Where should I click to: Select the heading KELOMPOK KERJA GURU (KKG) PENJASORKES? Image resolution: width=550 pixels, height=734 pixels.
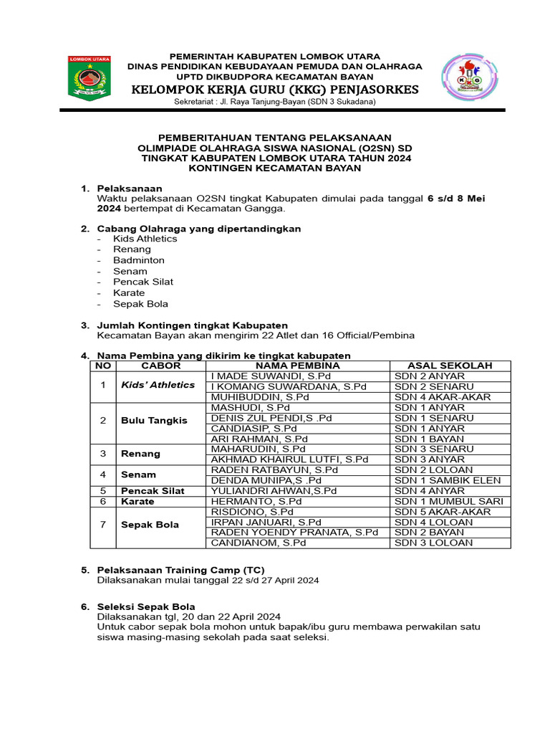tap(275, 90)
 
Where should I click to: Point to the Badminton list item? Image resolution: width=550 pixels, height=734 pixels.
tap(139, 260)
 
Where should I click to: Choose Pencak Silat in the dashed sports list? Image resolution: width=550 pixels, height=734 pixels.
tap(143, 282)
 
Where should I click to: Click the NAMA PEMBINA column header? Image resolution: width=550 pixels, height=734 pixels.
tap(297, 366)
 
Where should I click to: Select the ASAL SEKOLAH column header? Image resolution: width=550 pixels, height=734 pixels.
tap(450, 366)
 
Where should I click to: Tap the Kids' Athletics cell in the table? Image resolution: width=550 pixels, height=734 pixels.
tap(158, 385)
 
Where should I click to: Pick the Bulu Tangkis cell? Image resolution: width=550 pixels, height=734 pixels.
tap(154, 420)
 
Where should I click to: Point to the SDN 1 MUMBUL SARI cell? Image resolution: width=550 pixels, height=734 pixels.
tap(449, 501)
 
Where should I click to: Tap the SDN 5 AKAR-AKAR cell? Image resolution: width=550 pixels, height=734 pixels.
tap(443, 512)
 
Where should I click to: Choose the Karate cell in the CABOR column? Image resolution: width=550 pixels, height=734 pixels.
tap(137, 502)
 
